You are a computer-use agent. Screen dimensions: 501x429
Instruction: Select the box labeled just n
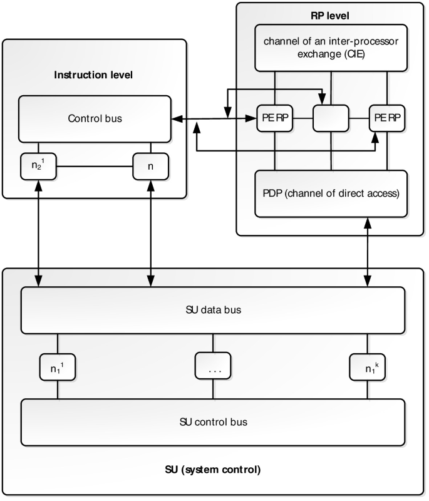[x=151, y=166]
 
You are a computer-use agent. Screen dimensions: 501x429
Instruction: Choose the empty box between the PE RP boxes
[x=330, y=118]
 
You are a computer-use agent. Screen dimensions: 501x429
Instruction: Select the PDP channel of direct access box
[x=330, y=193]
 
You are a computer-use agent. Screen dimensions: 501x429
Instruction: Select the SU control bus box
[x=213, y=421]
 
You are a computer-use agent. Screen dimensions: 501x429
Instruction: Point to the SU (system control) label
[x=213, y=469]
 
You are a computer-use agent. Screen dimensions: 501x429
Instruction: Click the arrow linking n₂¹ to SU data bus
[x=39, y=232]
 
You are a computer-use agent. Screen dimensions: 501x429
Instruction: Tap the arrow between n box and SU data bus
[x=151, y=232]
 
